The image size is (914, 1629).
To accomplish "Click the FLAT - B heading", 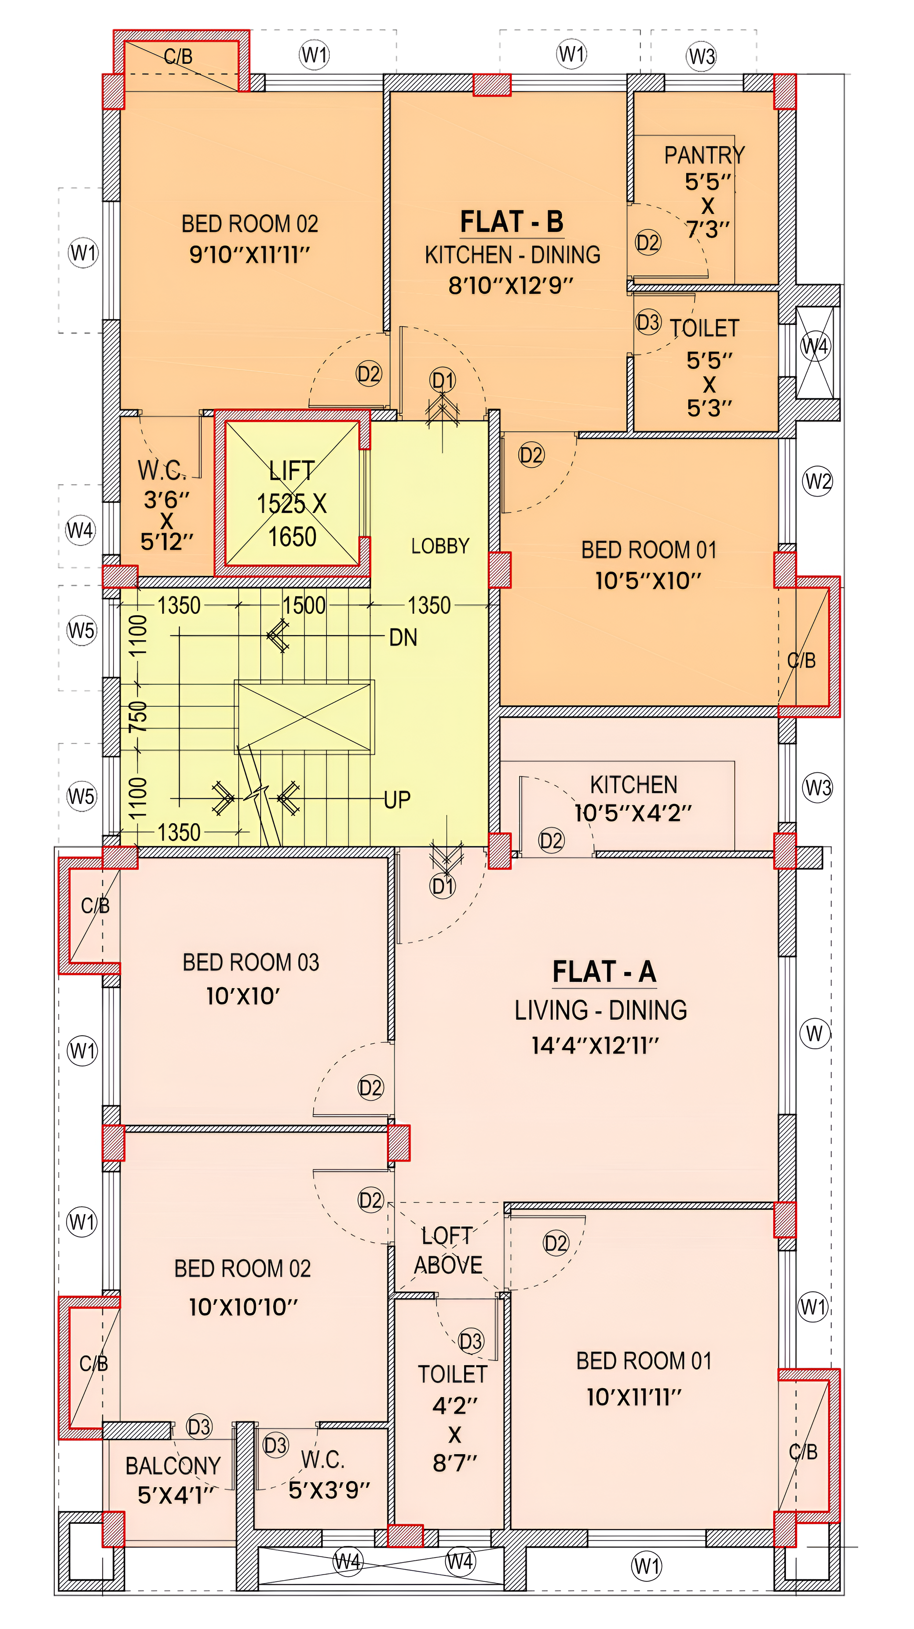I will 511,222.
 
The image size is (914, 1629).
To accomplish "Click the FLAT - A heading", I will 604,972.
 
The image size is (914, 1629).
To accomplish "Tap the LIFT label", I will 291,470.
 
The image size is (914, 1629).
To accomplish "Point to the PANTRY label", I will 704,155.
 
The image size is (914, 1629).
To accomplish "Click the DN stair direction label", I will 403,637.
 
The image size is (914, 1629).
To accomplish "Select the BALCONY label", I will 173,1465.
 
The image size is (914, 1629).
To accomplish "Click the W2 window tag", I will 818,482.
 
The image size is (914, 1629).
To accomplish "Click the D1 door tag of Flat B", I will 443,380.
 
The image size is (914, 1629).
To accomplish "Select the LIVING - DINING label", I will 600,1010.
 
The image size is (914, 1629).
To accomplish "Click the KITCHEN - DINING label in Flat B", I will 512,255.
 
